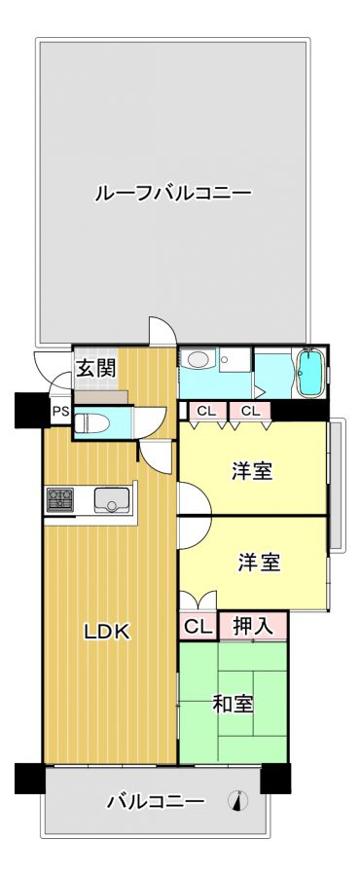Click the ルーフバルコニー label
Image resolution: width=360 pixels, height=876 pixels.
[x=173, y=194]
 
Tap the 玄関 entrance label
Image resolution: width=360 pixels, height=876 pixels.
[x=96, y=369]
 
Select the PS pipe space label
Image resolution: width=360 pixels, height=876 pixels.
[x=60, y=413]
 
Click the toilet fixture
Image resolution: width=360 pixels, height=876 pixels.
[x=91, y=421]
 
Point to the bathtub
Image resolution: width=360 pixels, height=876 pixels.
[x=309, y=373]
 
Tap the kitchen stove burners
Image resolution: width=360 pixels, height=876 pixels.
[x=59, y=499]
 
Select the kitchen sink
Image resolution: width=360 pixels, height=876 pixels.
[x=112, y=499]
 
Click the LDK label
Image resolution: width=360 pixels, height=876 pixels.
[x=107, y=632]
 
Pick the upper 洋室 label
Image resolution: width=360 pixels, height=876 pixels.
[x=252, y=471]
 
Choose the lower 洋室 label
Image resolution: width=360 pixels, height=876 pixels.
[x=259, y=562]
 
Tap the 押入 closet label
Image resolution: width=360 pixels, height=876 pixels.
[x=253, y=626]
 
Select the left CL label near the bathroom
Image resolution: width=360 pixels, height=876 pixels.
[x=206, y=411]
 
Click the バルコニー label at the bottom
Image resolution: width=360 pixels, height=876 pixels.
[x=156, y=802]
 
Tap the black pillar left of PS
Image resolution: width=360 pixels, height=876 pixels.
[x=32, y=410]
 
